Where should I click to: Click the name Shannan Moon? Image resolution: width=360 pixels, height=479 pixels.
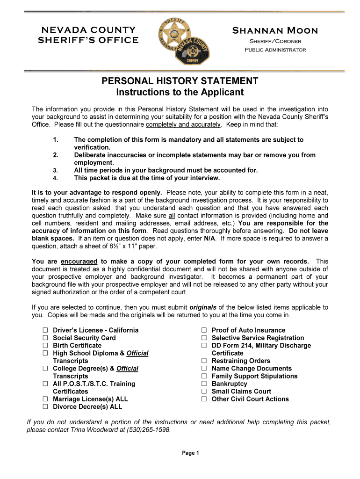(275, 31)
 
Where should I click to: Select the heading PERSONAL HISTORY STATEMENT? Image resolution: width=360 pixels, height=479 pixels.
(180, 81)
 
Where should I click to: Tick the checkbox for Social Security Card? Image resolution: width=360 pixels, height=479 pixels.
(46, 338)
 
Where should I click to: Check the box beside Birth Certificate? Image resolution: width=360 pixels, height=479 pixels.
(46, 346)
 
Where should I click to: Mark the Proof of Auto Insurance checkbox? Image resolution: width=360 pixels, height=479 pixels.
(204, 330)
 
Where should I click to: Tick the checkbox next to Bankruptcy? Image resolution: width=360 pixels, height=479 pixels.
(204, 384)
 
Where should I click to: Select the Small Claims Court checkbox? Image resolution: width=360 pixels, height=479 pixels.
(204, 392)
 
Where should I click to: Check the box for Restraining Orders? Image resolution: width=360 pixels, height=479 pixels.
(204, 361)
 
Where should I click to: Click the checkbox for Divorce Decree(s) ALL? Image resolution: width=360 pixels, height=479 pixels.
(46, 407)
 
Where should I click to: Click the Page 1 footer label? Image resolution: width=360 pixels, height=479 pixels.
(191, 453)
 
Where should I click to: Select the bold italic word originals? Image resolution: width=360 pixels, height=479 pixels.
(202, 307)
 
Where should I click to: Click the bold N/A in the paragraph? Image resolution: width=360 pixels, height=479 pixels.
(210, 239)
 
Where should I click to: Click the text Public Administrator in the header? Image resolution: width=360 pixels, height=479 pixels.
(275, 50)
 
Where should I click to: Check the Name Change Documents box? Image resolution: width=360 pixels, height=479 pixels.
(204, 369)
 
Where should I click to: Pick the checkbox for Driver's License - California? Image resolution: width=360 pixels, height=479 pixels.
(46, 330)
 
